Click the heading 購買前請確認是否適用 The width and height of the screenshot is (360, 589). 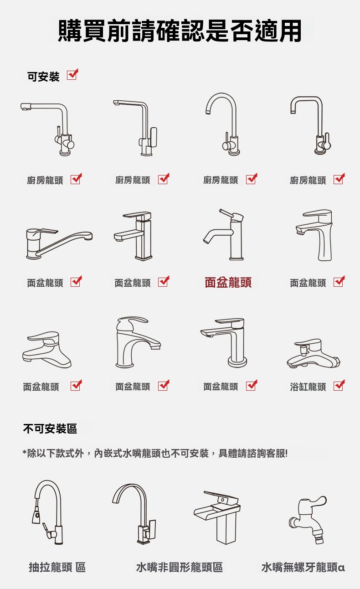[x=180, y=31]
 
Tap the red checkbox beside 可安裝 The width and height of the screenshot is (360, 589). [x=72, y=74]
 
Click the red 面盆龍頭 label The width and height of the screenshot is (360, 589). [x=228, y=282]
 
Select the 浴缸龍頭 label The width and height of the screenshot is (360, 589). [x=308, y=387]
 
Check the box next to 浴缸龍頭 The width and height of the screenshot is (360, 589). [x=339, y=385]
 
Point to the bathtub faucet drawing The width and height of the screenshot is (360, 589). [x=314, y=353]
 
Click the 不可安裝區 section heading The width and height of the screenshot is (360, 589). [x=50, y=429]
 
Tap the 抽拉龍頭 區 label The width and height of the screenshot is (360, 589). [x=57, y=567]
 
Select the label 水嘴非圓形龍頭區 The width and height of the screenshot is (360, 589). [x=180, y=567]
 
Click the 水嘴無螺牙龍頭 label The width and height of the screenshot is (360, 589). [x=299, y=567]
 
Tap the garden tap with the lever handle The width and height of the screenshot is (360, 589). [x=308, y=519]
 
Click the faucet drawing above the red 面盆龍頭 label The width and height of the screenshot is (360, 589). [x=223, y=234]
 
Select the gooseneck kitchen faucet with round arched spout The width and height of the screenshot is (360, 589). [x=223, y=124]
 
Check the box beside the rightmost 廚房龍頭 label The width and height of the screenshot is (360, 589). [x=339, y=179]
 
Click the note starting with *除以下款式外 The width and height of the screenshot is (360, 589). [x=155, y=453]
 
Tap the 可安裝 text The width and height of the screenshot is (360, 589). [x=43, y=77]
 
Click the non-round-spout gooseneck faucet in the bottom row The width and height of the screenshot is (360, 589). [x=134, y=514]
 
